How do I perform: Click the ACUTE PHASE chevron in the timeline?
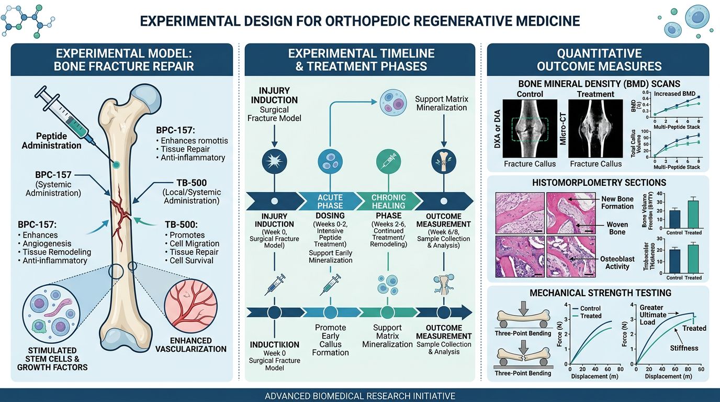tap(330, 200)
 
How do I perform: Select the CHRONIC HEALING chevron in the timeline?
tap(388, 200)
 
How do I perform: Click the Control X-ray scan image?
tap(530, 128)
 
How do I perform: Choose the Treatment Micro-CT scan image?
tap(595, 128)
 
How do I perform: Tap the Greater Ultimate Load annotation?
tap(652, 315)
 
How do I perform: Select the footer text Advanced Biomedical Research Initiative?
tap(360, 396)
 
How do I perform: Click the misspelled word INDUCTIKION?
tap(275, 345)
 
